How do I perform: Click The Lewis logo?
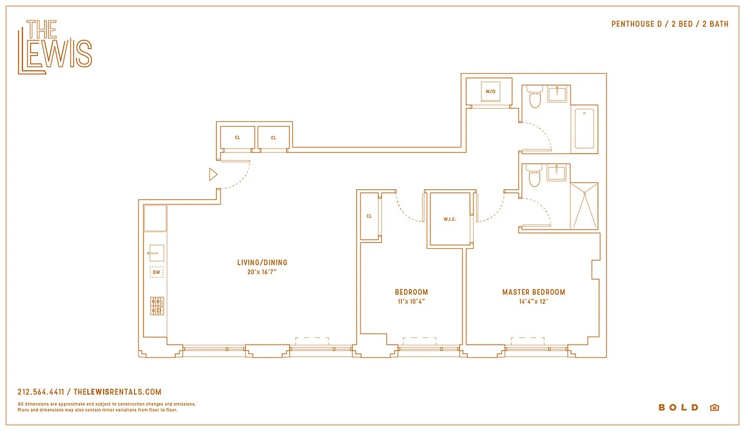pyautogui.click(x=54, y=47)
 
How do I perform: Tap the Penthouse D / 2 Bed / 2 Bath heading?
pyautogui.click(x=670, y=24)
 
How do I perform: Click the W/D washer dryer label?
pyautogui.click(x=490, y=92)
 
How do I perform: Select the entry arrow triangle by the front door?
pyautogui.click(x=213, y=174)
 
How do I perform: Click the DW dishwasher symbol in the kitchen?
pyautogui.click(x=156, y=273)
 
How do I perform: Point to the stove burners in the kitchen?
pyautogui.click(x=157, y=305)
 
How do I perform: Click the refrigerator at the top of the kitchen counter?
pyautogui.click(x=156, y=218)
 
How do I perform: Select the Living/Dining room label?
pyautogui.click(x=262, y=263)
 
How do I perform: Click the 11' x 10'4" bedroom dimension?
pyautogui.click(x=411, y=302)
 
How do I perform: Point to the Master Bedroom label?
pyautogui.click(x=533, y=292)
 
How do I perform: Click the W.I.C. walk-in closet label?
pyautogui.click(x=450, y=219)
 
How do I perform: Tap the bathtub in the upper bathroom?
pyautogui.click(x=584, y=128)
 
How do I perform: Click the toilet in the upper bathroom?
pyautogui.click(x=534, y=98)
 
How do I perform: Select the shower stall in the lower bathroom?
pyautogui.click(x=584, y=206)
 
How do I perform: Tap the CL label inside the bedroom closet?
pyautogui.click(x=369, y=216)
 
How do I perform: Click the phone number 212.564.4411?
pyautogui.click(x=41, y=392)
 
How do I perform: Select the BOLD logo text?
pyautogui.click(x=678, y=407)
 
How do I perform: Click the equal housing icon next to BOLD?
pyautogui.click(x=714, y=407)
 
